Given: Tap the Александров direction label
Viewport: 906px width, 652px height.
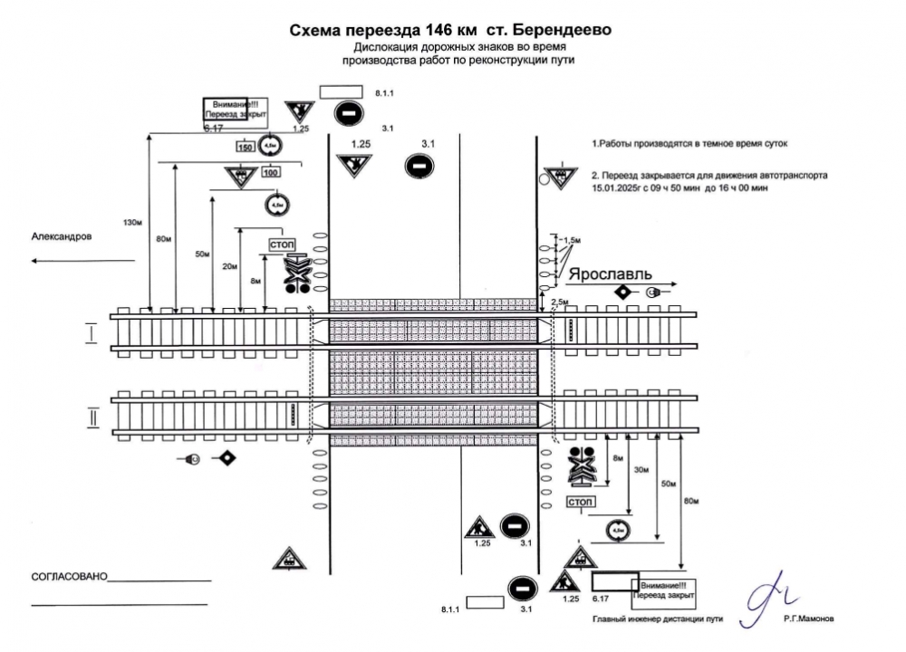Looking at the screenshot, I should (62, 236).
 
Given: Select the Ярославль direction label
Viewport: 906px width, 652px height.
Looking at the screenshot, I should (609, 273).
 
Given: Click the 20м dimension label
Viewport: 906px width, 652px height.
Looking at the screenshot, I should (230, 266).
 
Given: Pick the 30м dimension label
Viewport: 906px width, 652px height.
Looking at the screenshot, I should (642, 470).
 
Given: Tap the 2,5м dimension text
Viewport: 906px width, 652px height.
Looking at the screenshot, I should (560, 301).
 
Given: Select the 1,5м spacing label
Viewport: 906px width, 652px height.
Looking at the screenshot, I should (571, 240).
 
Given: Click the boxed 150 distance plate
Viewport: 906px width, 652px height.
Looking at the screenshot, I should (245, 147).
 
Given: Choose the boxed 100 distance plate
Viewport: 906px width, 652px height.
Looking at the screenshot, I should (270, 172).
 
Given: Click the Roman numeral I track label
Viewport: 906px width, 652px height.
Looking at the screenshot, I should (92, 334).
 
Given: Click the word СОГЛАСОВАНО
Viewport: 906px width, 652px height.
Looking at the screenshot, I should (68, 576).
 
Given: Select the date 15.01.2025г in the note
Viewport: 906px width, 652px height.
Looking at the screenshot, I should (624, 188).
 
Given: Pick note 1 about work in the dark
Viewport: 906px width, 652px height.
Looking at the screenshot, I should (690, 144).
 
